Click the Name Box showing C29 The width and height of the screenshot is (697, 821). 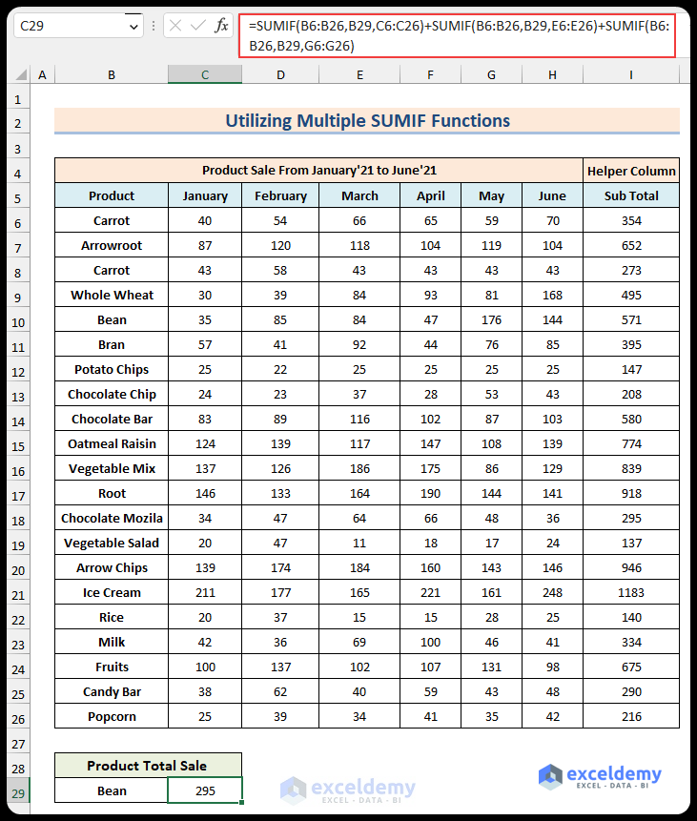pyautogui.click(x=67, y=27)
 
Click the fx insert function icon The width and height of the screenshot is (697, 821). pyautogui.click(x=221, y=27)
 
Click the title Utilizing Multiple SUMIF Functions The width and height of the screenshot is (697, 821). pyautogui.click(x=367, y=121)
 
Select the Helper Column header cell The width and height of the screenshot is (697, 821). pyautogui.click(x=631, y=171)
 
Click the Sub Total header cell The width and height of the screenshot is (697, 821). pyautogui.click(x=631, y=195)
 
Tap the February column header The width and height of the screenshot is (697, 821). pyautogui.click(x=280, y=195)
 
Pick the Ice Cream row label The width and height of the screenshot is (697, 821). pyautogui.click(x=112, y=592)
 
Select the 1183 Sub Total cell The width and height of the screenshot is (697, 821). pyautogui.click(x=631, y=592)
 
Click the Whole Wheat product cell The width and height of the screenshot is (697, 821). pyautogui.click(x=112, y=295)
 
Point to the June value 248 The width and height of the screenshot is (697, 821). pyautogui.click(x=552, y=592)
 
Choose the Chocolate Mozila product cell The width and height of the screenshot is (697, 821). pyautogui.click(x=112, y=518)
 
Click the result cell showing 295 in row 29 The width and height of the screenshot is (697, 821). pyautogui.click(x=205, y=790)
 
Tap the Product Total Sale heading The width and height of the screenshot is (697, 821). pyautogui.click(x=147, y=765)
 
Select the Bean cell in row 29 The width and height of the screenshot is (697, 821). pyautogui.click(x=112, y=790)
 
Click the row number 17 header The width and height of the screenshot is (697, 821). pyautogui.click(x=17, y=493)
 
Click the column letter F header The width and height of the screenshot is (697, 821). pyautogui.click(x=431, y=74)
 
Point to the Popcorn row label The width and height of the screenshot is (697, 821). pyautogui.click(x=112, y=716)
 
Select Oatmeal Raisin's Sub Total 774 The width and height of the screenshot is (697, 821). pyautogui.click(x=631, y=443)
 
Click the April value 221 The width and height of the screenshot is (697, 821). pyautogui.click(x=431, y=592)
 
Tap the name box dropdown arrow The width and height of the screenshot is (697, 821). pyautogui.click(x=133, y=27)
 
